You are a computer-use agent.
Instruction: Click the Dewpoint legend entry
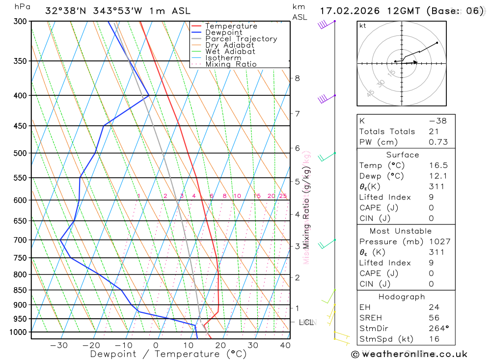[224, 32]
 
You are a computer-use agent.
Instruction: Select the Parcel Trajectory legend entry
[241, 39]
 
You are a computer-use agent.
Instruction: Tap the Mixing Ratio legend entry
[231, 64]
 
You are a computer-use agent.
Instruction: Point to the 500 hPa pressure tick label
[20, 153]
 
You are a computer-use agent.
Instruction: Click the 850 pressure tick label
[20, 290]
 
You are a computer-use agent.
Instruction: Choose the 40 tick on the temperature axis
[285, 345]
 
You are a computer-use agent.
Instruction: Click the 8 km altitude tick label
[297, 78]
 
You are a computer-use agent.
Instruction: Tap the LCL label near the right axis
[306, 323]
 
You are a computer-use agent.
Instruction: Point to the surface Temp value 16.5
[438, 166]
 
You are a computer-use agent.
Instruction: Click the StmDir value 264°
[438, 329]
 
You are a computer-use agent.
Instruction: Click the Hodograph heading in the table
[402, 297]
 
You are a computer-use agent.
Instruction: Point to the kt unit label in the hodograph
[363, 26]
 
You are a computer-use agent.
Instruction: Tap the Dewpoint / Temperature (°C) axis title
[168, 354]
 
